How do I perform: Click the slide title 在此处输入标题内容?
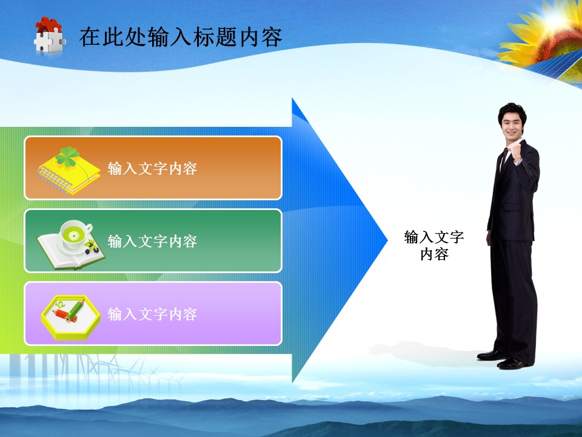(181, 37)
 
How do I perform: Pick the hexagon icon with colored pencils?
(70, 314)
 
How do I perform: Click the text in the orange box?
(152, 169)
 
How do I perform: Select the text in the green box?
(152, 242)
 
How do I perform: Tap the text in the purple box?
(152, 314)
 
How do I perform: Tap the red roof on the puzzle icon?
(48, 25)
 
